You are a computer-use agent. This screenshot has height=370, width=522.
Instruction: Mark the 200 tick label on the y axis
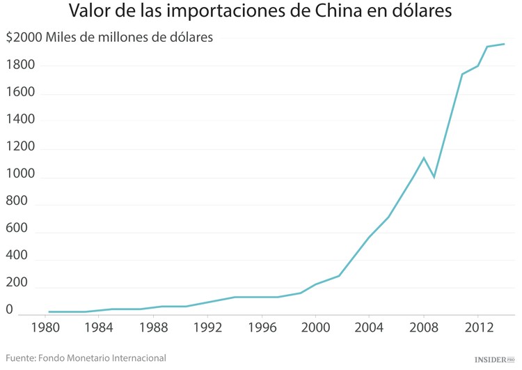point(17,284)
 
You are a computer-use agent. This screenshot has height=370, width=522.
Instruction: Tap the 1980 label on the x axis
point(45,327)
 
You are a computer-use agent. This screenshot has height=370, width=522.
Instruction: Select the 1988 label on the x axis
point(153,327)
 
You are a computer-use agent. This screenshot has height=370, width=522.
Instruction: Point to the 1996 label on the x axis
point(261,327)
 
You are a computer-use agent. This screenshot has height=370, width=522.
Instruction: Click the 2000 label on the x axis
point(315,327)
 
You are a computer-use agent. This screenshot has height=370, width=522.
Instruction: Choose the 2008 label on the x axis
point(423,327)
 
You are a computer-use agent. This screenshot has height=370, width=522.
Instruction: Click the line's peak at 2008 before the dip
point(423,157)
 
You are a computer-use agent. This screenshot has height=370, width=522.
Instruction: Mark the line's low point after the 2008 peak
point(434,177)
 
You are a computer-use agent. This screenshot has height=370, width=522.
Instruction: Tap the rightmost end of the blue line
point(504,44)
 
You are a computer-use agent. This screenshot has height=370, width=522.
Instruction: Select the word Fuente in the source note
point(23,358)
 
